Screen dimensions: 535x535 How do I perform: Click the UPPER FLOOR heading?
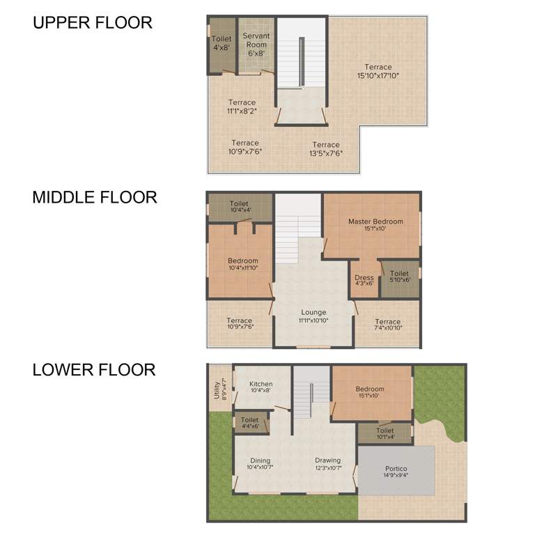pyautogui.click(x=93, y=22)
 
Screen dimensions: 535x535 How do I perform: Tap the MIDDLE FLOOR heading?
pyautogui.click(x=95, y=197)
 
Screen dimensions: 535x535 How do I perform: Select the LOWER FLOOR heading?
pyautogui.click(x=94, y=369)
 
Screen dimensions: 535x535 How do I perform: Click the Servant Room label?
pyautogui.click(x=257, y=40)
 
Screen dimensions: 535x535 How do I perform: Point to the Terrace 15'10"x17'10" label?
pyautogui.click(x=378, y=71)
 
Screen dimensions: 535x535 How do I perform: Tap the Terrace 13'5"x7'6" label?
pyautogui.click(x=326, y=149)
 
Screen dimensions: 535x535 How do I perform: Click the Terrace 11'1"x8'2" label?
pyautogui.click(x=242, y=107)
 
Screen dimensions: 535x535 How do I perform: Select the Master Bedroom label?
pyautogui.click(x=375, y=225)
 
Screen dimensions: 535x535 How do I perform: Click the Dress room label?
pyautogui.click(x=364, y=281)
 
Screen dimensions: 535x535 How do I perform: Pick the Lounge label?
pyautogui.click(x=313, y=316)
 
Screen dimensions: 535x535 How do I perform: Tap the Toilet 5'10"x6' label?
pyautogui.click(x=399, y=277)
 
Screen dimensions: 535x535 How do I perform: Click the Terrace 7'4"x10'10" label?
pyautogui.click(x=388, y=325)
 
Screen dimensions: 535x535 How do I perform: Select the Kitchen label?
pyautogui.click(x=261, y=387)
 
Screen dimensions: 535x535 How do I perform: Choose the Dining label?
pyautogui.click(x=261, y=463)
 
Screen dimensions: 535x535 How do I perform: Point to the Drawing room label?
pyautogui.click(x=327, y=463)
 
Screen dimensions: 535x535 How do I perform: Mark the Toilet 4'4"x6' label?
pyautogui.click(x=249, y=423)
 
